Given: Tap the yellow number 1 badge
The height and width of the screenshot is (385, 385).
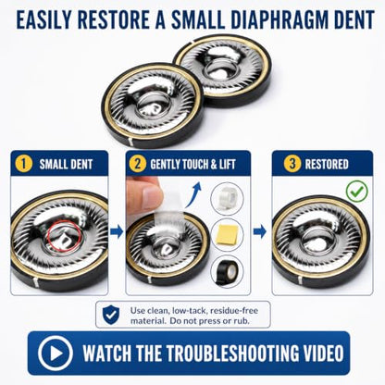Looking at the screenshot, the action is (24, 164).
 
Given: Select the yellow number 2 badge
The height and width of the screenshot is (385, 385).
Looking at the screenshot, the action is (137, 164).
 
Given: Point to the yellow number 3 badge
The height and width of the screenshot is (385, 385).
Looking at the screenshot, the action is (292, 164).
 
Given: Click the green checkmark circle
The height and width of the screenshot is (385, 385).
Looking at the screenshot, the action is (357, 192).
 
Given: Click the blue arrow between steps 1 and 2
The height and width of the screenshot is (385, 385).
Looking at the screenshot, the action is (117, 231).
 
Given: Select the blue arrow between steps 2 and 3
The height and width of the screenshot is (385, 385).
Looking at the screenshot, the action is (260, 231).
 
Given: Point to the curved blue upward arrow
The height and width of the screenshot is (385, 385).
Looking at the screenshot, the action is (193, 194).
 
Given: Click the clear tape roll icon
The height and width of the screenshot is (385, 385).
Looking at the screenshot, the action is (227, 198).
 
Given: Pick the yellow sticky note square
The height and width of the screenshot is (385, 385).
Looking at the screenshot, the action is (227, 235).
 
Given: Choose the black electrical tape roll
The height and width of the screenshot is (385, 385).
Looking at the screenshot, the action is (227, 272).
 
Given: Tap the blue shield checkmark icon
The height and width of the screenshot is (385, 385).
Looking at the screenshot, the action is (111, 315).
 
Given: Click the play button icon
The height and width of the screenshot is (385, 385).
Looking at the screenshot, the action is (56, 354).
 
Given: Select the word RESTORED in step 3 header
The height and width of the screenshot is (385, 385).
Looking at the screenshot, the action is (327, 164).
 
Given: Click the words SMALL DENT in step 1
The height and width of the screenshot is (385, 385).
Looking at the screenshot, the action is (66, 164).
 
